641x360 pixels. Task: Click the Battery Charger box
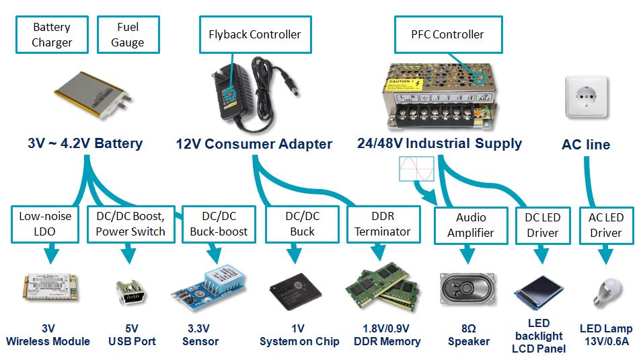point(52,35)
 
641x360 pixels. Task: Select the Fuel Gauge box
point(128,35)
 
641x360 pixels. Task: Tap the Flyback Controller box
point(255,34)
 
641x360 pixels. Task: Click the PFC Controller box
point(447,34)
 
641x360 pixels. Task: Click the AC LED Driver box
point(606,225)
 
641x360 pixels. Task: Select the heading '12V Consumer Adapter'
point(254,144)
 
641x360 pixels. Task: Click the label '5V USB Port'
point(132,335)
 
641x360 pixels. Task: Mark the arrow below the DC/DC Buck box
point(292,256)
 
